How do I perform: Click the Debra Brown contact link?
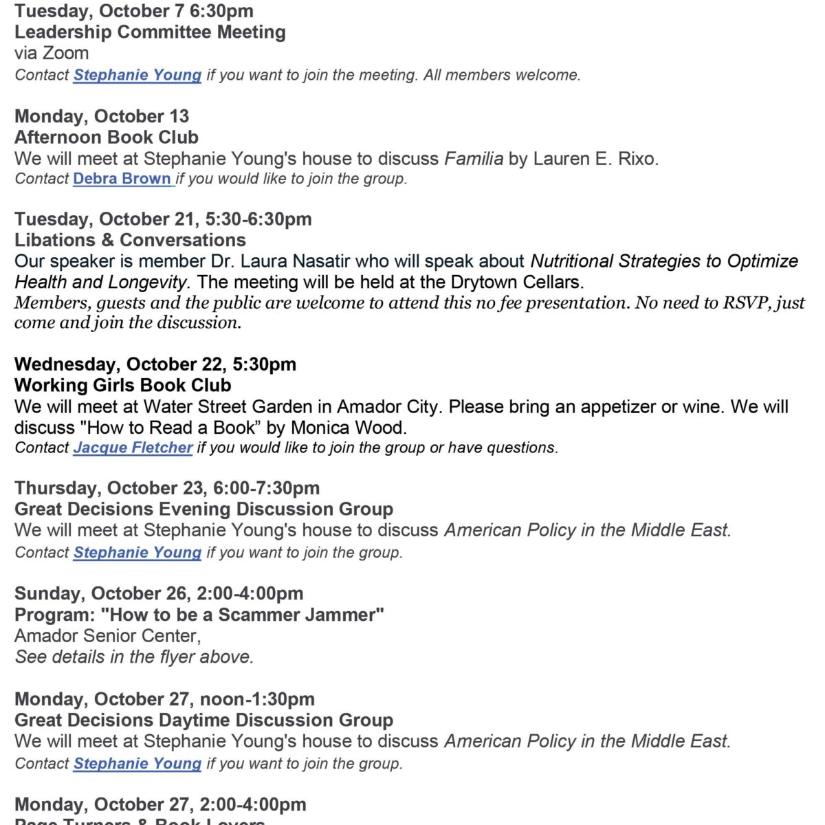[x=122, y=179]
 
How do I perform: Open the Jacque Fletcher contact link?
[x=133, y=448]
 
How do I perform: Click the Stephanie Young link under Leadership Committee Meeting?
[x=137, y=75]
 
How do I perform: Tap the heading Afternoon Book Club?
[x=107, y=137]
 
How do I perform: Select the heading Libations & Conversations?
[x=130, y=240]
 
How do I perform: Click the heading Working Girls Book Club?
[x=122, y=385]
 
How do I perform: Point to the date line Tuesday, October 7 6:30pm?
[x=133, y=11]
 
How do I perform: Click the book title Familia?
[x=474, y=159]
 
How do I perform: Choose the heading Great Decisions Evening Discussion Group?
[x=203, y=509]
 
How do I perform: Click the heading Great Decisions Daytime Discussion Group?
[x=203, y=720]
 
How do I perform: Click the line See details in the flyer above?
[x=134, y=657]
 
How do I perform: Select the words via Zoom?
[x=52, y=53]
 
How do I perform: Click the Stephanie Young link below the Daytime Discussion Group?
[x=137, y=763]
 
